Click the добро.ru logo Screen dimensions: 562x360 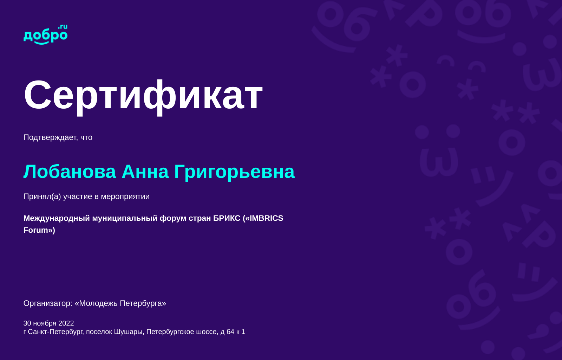[45, 34]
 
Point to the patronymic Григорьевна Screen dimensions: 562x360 [234, 172]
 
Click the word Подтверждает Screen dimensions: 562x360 [51, 137]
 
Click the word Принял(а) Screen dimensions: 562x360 [42, 196]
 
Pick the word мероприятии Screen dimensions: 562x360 [125, 197]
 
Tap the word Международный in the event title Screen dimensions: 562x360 [57, 218]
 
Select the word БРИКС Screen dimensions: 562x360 [227, 218]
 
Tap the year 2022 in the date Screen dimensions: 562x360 [66, 323]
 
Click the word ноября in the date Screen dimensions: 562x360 [45, 323]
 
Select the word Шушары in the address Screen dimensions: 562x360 [129, 332]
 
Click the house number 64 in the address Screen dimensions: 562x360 [230, 332]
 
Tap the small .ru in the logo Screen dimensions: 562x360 [63, 27]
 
